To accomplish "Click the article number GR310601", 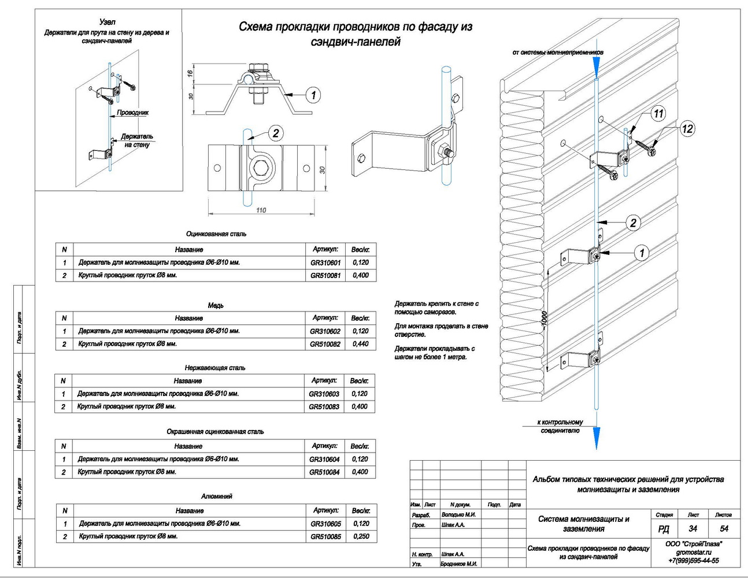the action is coord(325,263).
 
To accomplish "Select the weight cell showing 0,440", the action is coord(360,344).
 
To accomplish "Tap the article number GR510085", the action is coord(325,536).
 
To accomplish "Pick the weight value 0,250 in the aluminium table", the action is coord(361,536).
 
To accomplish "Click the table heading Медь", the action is coord(216,305).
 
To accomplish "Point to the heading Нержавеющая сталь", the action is coord(215,368).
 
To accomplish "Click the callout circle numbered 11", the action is coord(658,113).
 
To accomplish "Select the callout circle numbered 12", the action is coord(687,129).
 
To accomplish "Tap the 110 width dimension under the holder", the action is coord(261,210).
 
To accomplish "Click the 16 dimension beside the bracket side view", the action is coord(190,73).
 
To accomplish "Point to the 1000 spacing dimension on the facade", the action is coord(544,321).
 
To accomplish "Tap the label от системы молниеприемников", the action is coord(558,53).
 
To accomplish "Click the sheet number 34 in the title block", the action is coord(693,528).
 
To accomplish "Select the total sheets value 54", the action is coord(724,528).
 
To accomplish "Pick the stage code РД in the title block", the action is coord(664,529).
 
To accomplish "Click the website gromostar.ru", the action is coord(694,552).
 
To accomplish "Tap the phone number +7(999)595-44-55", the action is coord(694,561).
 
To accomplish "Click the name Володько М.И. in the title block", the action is coord(458,514).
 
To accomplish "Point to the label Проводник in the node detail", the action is coord(132,113).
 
